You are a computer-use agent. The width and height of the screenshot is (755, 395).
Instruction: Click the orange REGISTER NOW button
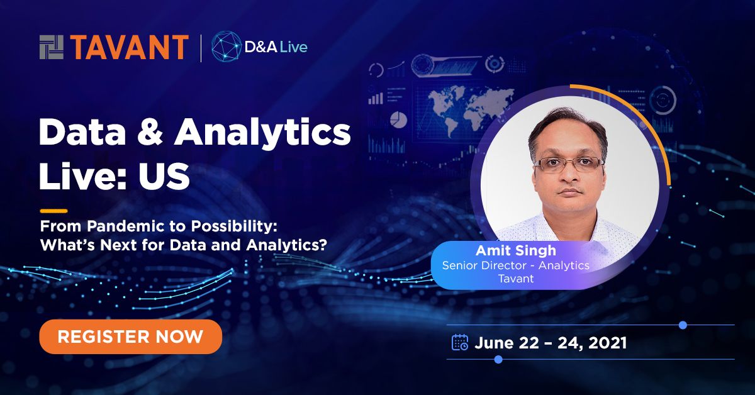tap(130, 336)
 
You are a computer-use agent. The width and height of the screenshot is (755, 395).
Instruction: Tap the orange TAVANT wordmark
tap(130, 48)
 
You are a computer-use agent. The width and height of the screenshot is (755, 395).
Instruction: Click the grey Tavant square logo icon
tap(52, 48)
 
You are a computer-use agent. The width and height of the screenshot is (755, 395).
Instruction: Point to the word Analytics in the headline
tap(262, 134)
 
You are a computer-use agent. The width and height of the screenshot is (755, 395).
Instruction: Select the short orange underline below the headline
tap(53, 211)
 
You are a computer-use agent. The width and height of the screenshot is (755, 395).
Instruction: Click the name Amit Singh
tap(516, 251)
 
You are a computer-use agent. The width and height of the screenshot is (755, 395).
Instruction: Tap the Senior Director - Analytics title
tap(515, 265)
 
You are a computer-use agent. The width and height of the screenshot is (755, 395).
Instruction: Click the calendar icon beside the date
tap(460, 342)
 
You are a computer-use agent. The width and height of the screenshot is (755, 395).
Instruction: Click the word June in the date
tap(495, 343)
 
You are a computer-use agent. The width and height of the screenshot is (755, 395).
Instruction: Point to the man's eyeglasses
tap(569, 164)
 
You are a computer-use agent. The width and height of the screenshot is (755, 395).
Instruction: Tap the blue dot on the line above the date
tap(683, 325)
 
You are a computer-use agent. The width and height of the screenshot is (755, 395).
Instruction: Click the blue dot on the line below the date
tap(498, 359)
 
